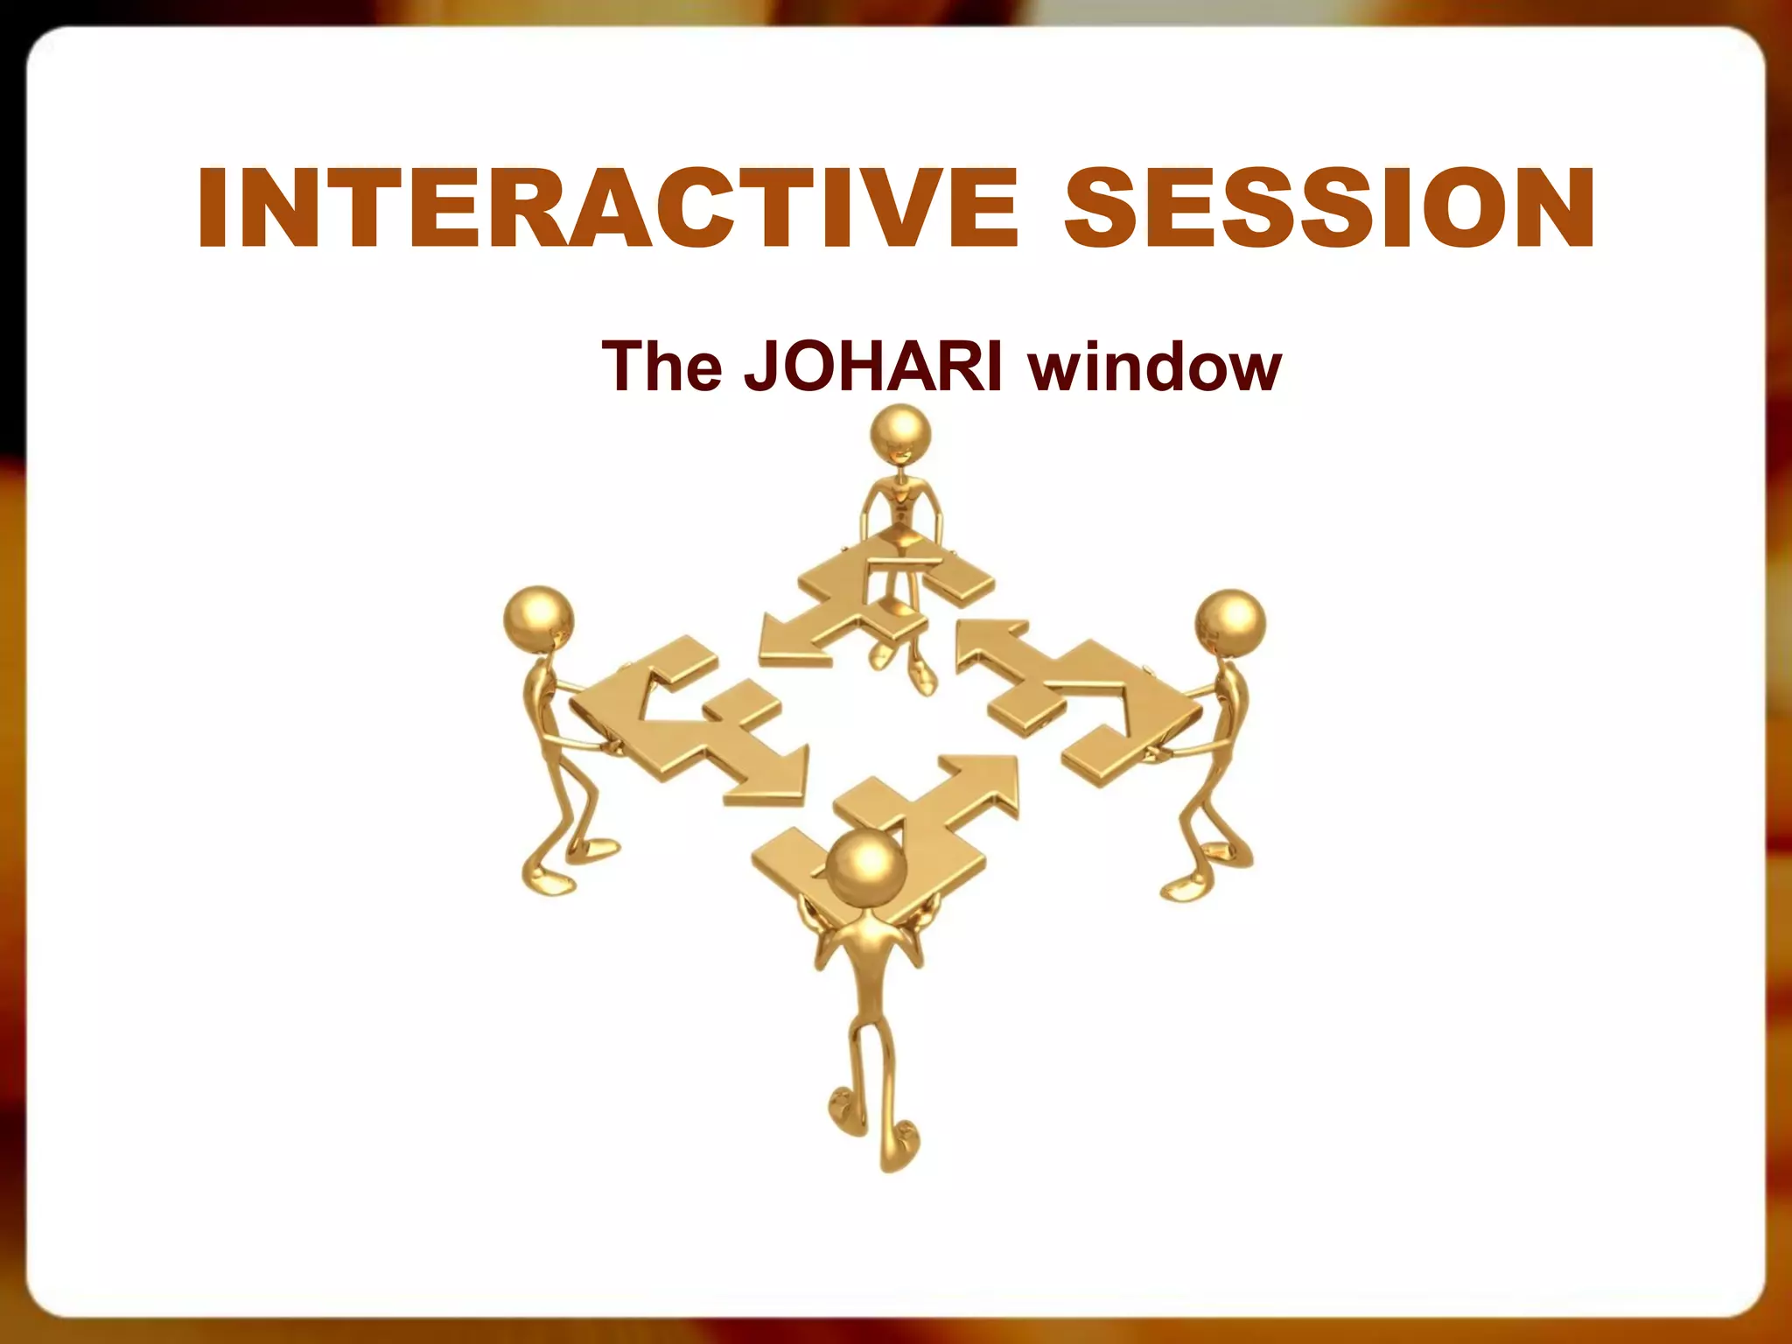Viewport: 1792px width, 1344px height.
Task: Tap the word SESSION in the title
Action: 1329,208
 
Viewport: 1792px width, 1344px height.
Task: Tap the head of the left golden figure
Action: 539,617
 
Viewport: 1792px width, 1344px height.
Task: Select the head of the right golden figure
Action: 1230,620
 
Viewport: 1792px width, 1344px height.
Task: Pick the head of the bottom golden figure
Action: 865,866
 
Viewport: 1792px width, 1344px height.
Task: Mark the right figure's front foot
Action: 1186,888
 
